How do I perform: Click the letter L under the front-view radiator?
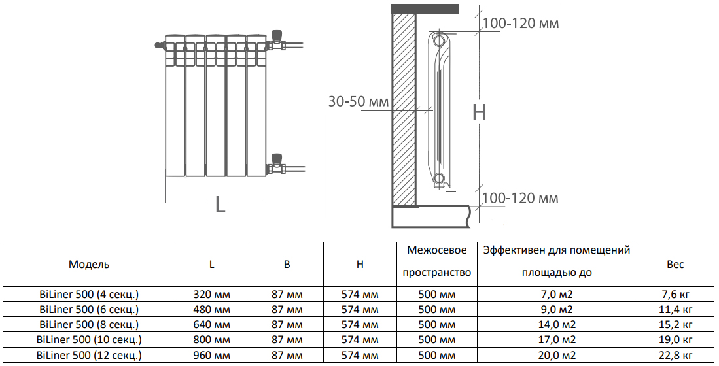pyautogui.click(x=220, y=205)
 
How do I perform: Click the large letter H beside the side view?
pyautogui.click(x=480, y=112)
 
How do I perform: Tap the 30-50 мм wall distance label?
pyautogui.click(x=358, y=102)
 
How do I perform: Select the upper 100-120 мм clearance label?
pyautogui.click(x=521, y=24)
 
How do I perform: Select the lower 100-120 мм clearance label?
pyautogui.click(x=521, y=198)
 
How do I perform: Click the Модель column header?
pyautogui.click(x=89, y=265)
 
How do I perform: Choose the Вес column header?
pyautogui.click(x=675, y=265)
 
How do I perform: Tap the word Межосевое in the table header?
pyautogui.click(x=436, y=250)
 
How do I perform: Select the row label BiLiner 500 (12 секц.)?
pyautogui.click(x=89, y=356)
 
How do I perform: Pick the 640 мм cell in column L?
pyautogui.click(x=212, y=325)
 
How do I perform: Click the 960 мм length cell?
pyautogui.click(x=212, y=356)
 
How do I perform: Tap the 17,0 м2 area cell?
pyautogui.click(x=557, y=340)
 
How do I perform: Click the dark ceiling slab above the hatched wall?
pyautogui.click(x=424, y=8)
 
